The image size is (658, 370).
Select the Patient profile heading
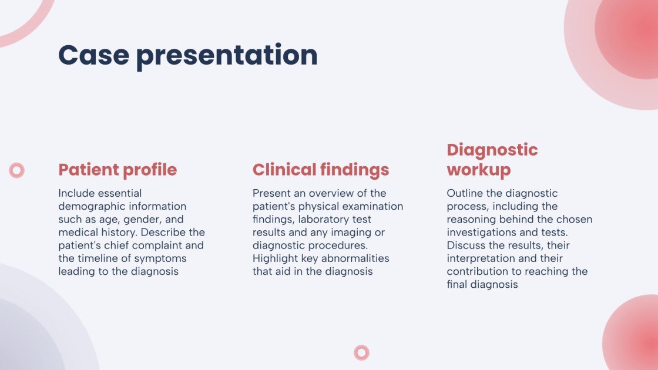tap(117, 170)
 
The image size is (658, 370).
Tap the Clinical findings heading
tap(321, 170)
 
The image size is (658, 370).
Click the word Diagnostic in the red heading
tap(492, 150)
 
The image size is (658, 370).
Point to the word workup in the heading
tap(479, 170)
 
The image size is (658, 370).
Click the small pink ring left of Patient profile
tap(17, 170)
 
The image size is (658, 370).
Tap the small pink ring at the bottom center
tap(362, 352)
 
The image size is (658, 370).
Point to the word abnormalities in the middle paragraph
tap(358, 258)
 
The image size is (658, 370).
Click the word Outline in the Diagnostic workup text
tap(463, 193)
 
